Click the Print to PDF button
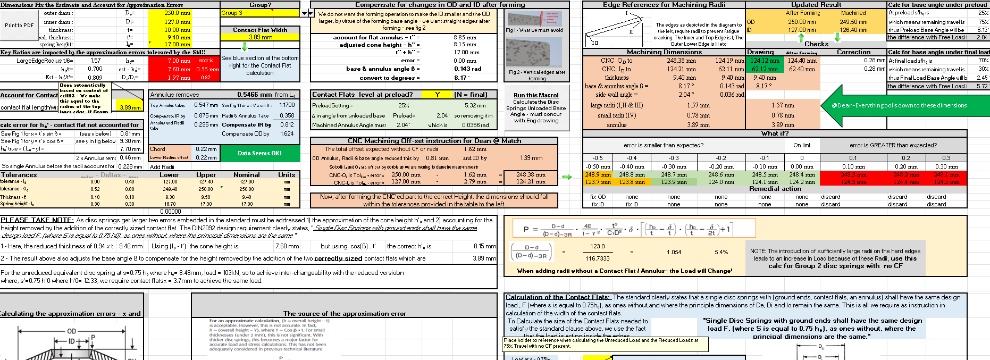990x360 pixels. [x=19, y=25]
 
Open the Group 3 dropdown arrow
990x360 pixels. [x=305, y=13]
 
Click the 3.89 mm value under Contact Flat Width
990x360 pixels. [x=260, y=37]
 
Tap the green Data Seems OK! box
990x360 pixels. [x=260, y=153]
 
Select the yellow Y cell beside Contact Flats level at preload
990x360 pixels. [x=437, y=95]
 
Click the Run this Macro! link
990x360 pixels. [x=536, y=95]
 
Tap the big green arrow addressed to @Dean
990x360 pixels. [x=904, y=105]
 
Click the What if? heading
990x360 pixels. [x=775, y=133]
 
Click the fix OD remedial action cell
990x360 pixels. [x=598, y=197]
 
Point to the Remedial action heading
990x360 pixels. [x=775, y=189]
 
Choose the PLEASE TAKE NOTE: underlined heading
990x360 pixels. [x=37, y=220]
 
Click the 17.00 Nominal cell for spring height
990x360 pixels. [x=247, y=204]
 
